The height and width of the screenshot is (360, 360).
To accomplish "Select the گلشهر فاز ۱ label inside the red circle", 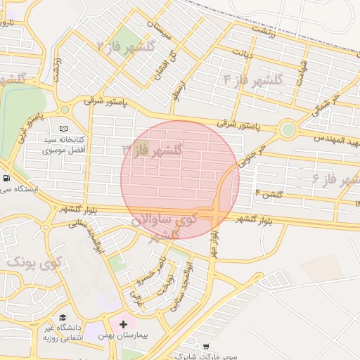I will [153, 150].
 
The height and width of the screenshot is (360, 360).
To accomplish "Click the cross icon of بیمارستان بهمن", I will [124, 324].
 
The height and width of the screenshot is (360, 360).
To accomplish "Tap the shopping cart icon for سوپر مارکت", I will [205, 347].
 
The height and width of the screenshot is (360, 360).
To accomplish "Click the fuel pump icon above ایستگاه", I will [6, 178].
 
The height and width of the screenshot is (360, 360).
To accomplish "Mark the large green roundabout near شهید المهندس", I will [287, 129].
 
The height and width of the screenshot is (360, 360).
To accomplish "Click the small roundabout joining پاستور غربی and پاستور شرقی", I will [65, 110].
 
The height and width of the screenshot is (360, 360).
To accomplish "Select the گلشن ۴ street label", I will [269, 193].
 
